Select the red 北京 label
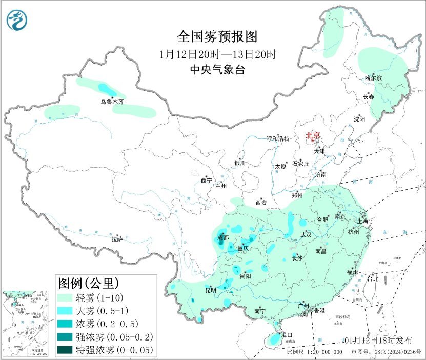(313, 135)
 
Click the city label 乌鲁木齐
(112, 102)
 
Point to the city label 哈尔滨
(373, 78)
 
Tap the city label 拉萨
(117, 238)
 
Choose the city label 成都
(223, 237)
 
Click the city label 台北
(372, 279)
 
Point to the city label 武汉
(306, 234)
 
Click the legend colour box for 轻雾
(66, 297)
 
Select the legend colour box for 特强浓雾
(66, 351)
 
